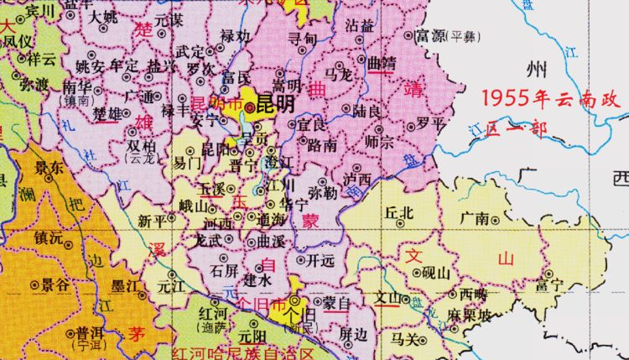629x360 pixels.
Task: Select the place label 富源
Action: pyautogui.click(x=430, y=36)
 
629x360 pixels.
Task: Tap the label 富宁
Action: pyautogui.click(x=550, y=288)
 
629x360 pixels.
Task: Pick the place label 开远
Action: pyautogui.click(x=321, y=260)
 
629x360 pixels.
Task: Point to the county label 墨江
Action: pyautogui.click(x=128, y=285)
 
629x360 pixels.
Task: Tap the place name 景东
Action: pyautogui.click(x=49, y=168)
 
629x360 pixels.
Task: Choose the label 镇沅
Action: pyautogui.click(x=49, y=238)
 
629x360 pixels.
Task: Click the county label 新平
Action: pyautogui.click(x=152, y=222)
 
